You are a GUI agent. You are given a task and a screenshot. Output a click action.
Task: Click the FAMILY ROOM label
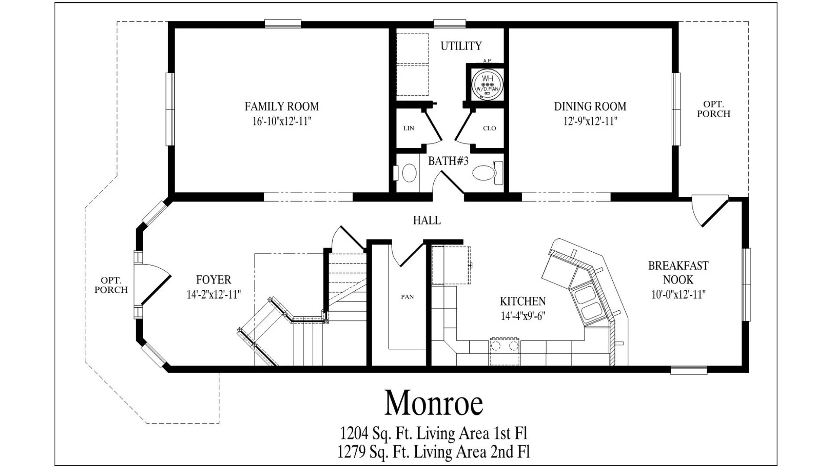pos(282,106)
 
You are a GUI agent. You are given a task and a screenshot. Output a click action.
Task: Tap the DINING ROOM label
pos(590,106)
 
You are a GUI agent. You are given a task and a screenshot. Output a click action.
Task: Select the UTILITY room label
pos(461,45)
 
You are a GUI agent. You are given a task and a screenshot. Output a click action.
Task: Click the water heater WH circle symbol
pos(487,83)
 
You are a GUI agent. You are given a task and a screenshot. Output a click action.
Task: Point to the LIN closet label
pos(409,128)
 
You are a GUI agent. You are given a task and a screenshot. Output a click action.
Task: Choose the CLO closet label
pos(489,128)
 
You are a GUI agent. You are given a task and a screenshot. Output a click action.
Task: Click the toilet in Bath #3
pos(487,172)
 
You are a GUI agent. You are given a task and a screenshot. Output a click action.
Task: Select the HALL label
pos(427,221)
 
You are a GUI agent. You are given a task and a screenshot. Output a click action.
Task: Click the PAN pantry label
pos(407,297)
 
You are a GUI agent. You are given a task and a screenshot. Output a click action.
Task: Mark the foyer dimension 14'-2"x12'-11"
pos(214,295)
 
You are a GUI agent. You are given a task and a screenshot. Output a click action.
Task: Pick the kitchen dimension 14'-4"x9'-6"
pos(523,316)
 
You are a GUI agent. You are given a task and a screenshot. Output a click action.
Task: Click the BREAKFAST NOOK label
pos(678,273)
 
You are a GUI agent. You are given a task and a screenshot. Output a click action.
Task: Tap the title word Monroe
pos(434,403)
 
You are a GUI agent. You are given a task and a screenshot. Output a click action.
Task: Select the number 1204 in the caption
pos(354,433)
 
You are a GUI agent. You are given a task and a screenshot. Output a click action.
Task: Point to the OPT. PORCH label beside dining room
pos(714,109)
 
